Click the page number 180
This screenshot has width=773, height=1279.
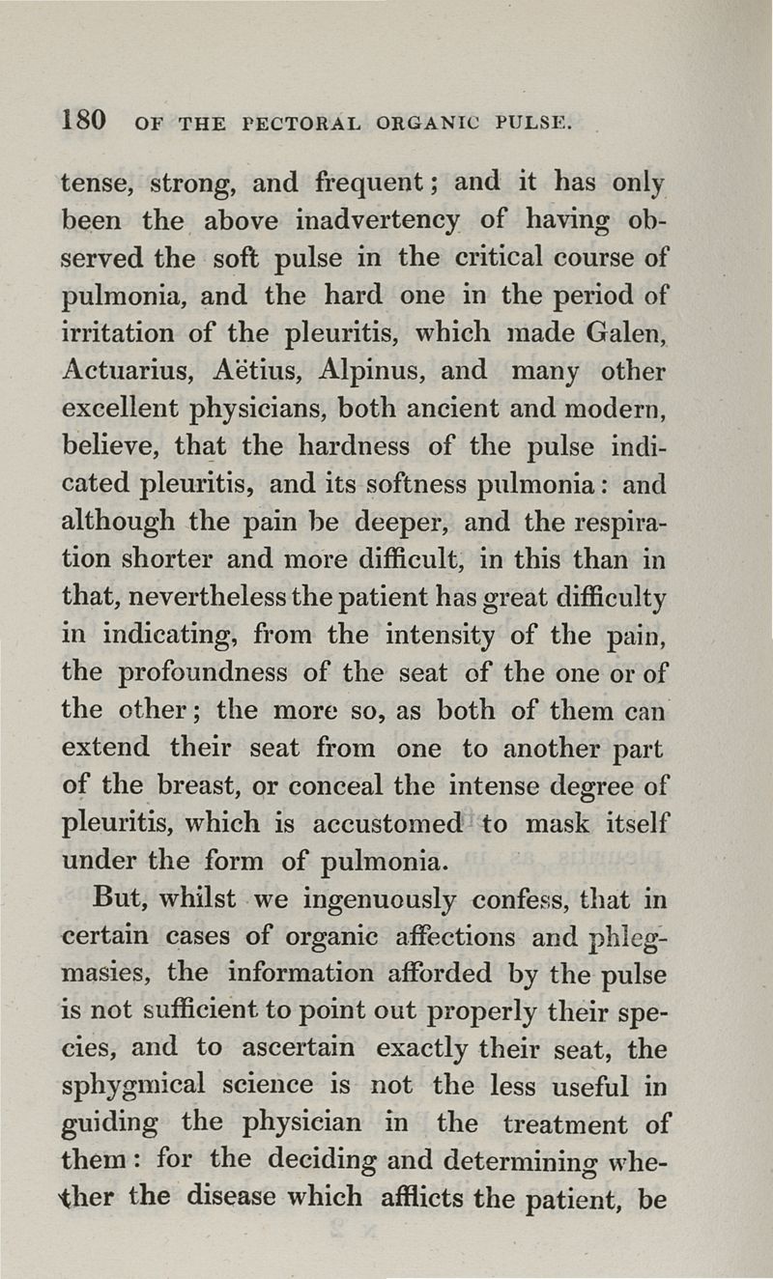point(82,122)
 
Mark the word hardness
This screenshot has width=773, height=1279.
point(366,445)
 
